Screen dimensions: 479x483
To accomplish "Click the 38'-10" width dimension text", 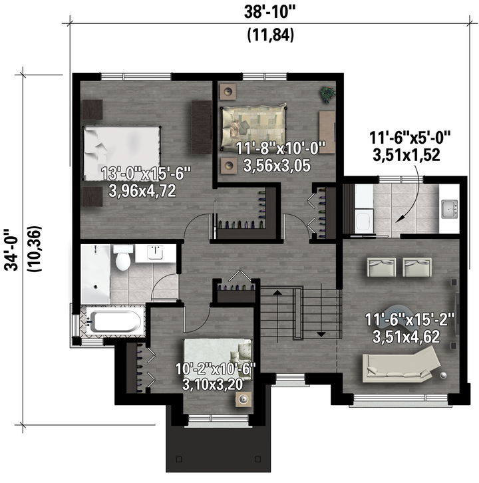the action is [x=269, y=13].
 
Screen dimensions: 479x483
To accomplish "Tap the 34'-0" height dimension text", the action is [x=11, y=249].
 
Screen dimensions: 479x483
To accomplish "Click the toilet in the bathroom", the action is [x=123, y=257].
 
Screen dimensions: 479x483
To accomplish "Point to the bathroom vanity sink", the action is [x=155, y=253].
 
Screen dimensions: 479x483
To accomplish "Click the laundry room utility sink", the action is [x=449, y=209].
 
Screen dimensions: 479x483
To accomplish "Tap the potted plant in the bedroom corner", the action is [x=328, y=94].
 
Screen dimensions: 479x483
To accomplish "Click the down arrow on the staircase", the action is [x=321, y=334].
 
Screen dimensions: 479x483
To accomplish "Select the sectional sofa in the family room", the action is [x=400, y=365].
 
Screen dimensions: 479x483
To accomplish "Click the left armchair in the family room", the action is [x=382, y=267].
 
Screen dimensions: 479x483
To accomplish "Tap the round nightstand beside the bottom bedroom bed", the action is [x=244, y=399].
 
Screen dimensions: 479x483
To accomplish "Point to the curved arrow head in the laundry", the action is [x=400, y=218].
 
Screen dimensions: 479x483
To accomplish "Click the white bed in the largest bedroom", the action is [x=122, y=153].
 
